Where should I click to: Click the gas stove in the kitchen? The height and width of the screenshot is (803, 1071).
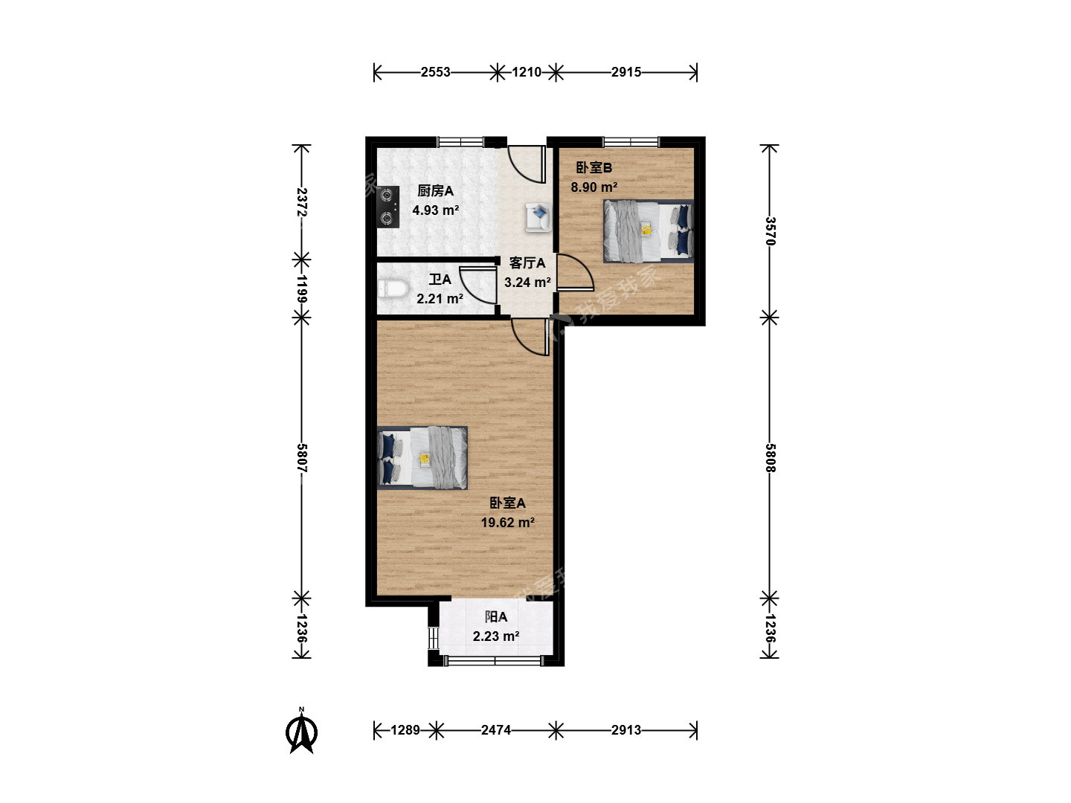[x=388, y=207]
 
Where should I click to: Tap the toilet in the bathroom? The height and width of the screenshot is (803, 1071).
[x=393, y=288]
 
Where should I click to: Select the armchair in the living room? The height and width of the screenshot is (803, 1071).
[x=538, y=217]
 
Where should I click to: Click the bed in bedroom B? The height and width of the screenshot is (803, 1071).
[x=649, y=231]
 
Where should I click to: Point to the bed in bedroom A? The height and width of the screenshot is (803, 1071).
[x=422, y=458]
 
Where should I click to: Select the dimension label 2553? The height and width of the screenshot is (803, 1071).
[x=435, y=72]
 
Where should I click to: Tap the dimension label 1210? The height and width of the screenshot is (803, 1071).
[x=527, y=72]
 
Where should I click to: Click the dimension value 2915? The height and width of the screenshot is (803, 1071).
[x=626, y=72]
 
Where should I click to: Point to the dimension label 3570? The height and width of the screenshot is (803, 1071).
[x=770, y=231]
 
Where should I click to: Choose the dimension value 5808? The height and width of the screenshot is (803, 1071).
[x=770, y=458]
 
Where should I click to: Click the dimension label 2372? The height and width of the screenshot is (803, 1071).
[x=302, y=202]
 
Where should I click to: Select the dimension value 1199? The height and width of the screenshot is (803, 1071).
[x=302, y=289]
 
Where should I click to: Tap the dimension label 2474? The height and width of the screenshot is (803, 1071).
[x=496, y=730]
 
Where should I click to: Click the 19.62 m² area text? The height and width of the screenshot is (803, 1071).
[x=507, y=522]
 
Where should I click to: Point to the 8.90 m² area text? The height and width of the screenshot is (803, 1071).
[x=594, y=187]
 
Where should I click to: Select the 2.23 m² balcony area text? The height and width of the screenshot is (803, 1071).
[x=496, y=636]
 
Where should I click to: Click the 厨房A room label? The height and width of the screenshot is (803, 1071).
[x=435, y=190]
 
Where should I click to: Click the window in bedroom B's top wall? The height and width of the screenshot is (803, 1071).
[x=631, y=142]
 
